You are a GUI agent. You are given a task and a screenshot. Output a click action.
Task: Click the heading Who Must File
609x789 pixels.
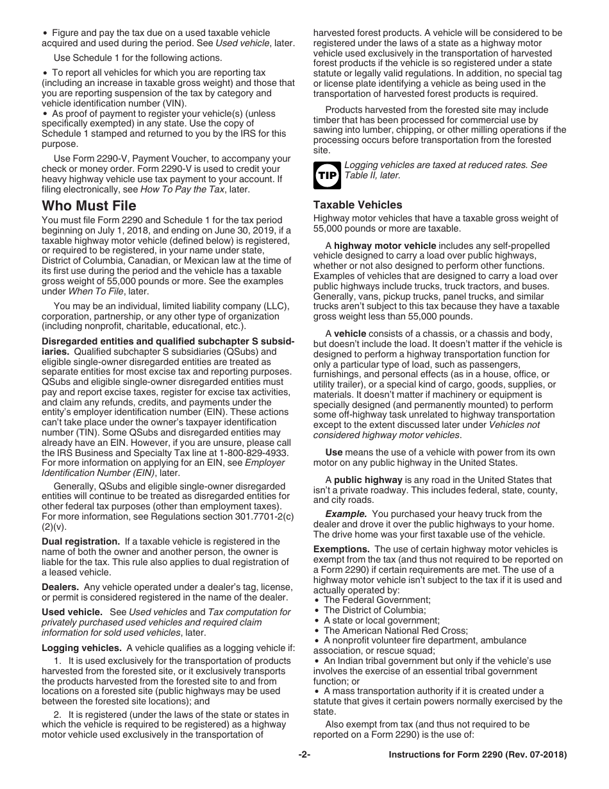[89, 206]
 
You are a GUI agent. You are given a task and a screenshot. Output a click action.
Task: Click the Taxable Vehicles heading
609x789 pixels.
[358, 205]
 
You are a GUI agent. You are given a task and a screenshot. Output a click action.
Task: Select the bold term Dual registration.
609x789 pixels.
[81, 541]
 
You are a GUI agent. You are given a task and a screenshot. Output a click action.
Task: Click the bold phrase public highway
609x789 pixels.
[368, 480]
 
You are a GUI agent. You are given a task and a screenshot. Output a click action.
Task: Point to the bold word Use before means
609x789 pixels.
[333, 452]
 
